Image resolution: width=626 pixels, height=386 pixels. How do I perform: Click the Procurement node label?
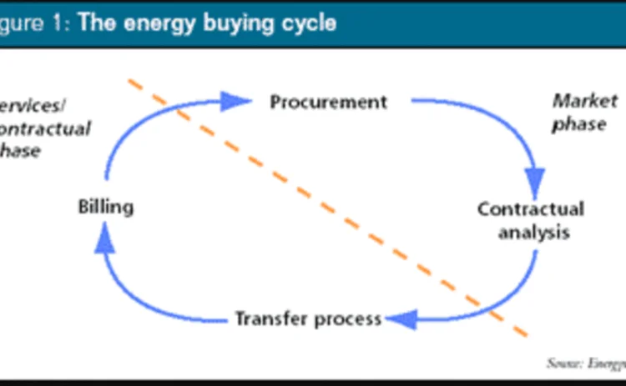(328, 102)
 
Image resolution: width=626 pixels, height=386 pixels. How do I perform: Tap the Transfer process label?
(308, 318)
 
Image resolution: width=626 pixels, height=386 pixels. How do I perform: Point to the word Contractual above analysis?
(531, 208)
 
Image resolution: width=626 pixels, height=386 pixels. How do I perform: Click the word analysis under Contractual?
(533, 232)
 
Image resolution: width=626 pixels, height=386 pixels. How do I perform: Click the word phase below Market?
(577, 124)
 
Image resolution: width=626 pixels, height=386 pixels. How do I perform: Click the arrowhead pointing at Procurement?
(238, 101)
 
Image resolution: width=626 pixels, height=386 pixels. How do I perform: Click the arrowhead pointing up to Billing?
(103, 240)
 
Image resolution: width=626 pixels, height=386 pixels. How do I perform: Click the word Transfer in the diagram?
(270, 318)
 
